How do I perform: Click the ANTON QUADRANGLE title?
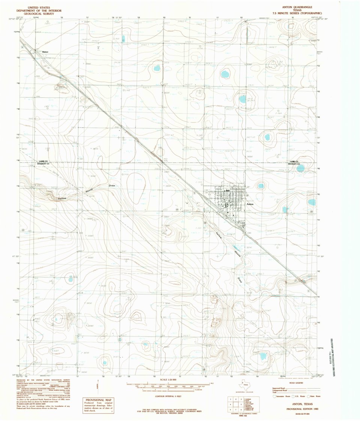click(x=297, y=7)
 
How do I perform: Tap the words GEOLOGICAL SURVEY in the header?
click(x=36, y=14)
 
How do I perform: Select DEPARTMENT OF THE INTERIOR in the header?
click(x=36, y=10)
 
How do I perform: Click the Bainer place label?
click(x=45, y=52)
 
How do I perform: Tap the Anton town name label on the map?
click(x=250, y=204)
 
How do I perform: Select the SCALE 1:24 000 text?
click(x=168, y=380)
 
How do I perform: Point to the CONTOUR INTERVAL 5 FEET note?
click(x=168, y=395)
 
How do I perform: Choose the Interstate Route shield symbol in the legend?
click(x=274, y=396)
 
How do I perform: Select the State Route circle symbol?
click(x=309, y=396)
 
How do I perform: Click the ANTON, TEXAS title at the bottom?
click(x=298, y=405)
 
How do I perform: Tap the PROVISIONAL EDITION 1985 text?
click(x=298, y=409)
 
